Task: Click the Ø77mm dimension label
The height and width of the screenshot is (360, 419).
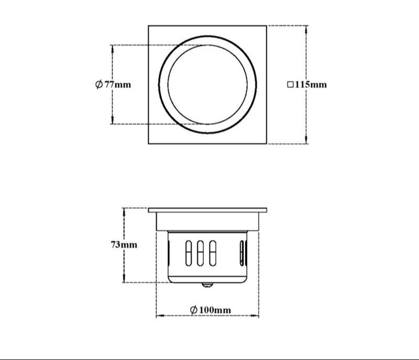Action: pos(113,84)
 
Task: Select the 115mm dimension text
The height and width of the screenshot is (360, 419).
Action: pos(311,84)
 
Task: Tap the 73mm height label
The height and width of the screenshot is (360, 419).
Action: pos(124,244)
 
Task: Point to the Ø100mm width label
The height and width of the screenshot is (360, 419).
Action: pos(210,310)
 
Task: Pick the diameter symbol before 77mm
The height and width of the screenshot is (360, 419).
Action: pos(99,84)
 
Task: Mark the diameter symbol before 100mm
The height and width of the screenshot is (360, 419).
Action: pos(193,310)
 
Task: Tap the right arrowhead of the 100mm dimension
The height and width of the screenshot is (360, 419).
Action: pos(256,316)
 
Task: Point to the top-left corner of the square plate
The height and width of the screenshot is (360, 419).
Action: pos(149,26)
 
